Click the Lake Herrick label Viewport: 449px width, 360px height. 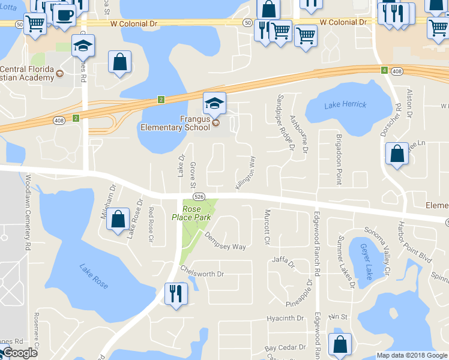click(x=345, y=105)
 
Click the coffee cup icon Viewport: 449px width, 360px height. click(x=64, y=14)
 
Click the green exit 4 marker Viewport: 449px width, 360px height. click(x=384, y=70)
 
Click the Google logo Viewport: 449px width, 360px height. click(x=20, y=353)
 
